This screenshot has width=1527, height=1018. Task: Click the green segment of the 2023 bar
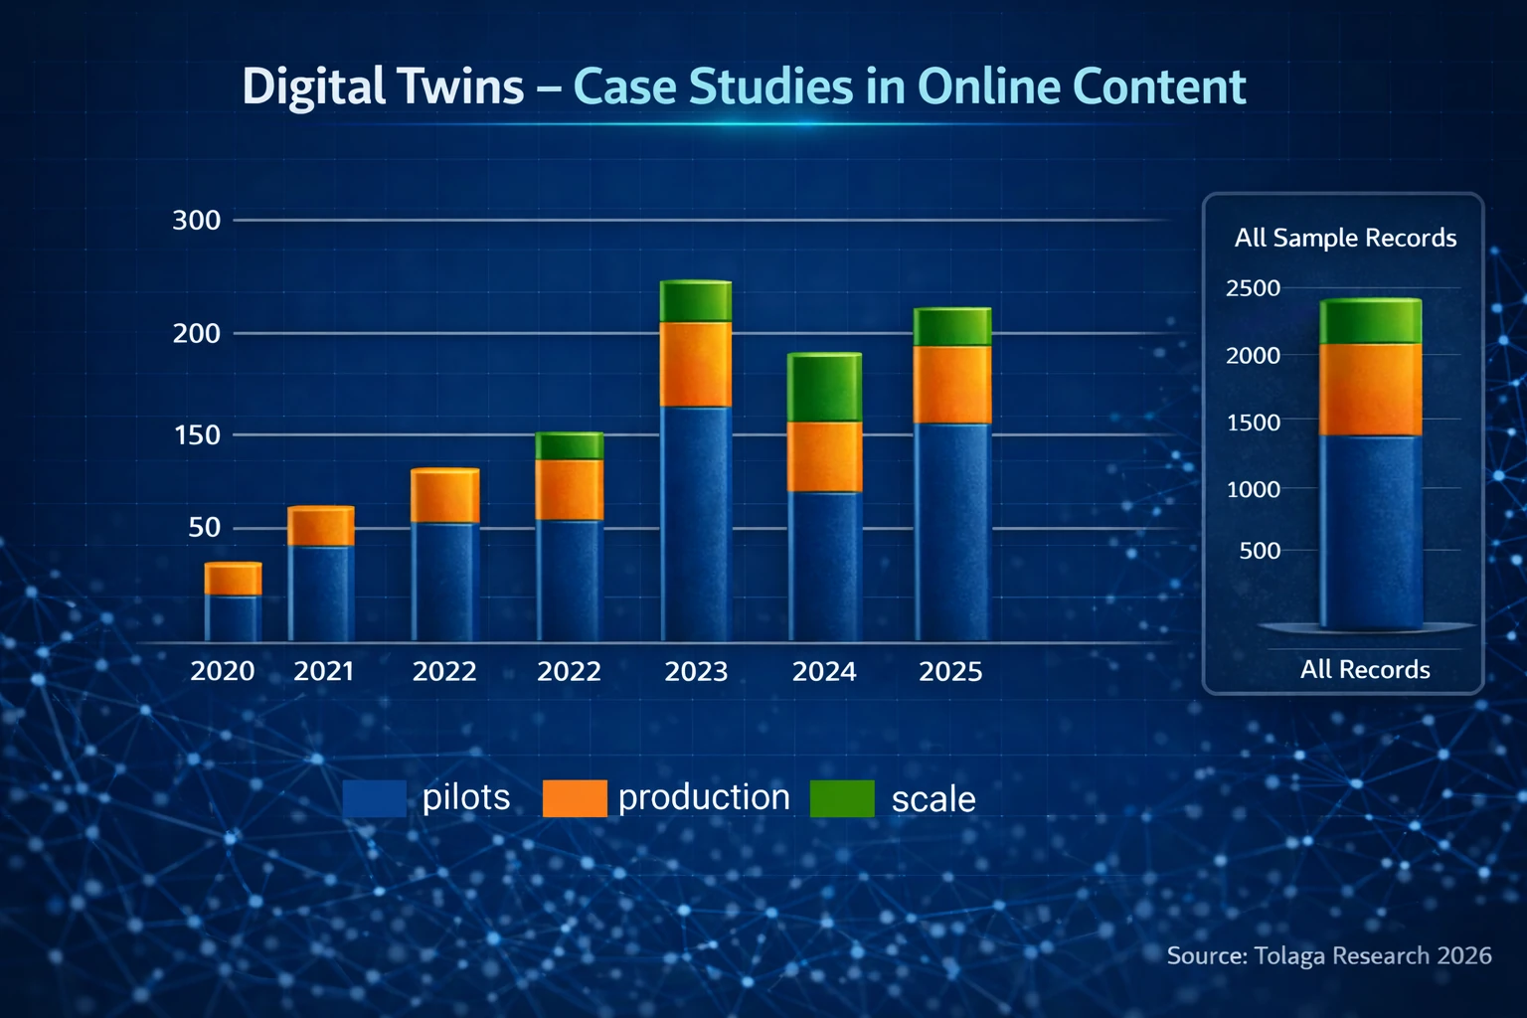click(x=696, y=300)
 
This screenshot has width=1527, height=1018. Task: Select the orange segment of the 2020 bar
click(x=234, y=579)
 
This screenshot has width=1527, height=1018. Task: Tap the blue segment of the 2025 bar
click(x=952, y=532)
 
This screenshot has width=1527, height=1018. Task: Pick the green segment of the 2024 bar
click(x=825, y=387)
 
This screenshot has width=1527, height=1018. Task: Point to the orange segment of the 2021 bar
click(x=321, y=525)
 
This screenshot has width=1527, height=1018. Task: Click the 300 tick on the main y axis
click(x=196, y=221)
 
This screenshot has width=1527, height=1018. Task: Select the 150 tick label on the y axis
click(x=198, y=435)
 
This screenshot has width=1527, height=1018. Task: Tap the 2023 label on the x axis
click(x=696, y=672)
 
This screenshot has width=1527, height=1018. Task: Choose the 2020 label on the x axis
click(x=223, y=672)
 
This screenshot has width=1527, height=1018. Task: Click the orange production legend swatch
click(x=575, y=797)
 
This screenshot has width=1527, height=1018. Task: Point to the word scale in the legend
click(x=933, y=799)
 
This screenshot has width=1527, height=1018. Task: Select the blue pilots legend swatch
click(x=374, y=797)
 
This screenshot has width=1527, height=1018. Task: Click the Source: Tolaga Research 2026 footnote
click(x=1329, y=955)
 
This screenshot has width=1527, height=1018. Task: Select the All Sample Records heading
click(x=1345, y=238)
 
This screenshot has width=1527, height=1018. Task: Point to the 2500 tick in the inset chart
click(x=1253, y=287)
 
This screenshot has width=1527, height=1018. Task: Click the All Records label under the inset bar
click(x=1365, y=670)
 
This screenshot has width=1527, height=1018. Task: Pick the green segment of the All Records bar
click(x=1371, y=321)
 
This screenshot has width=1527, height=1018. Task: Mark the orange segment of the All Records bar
click(x=1371, y=390)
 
